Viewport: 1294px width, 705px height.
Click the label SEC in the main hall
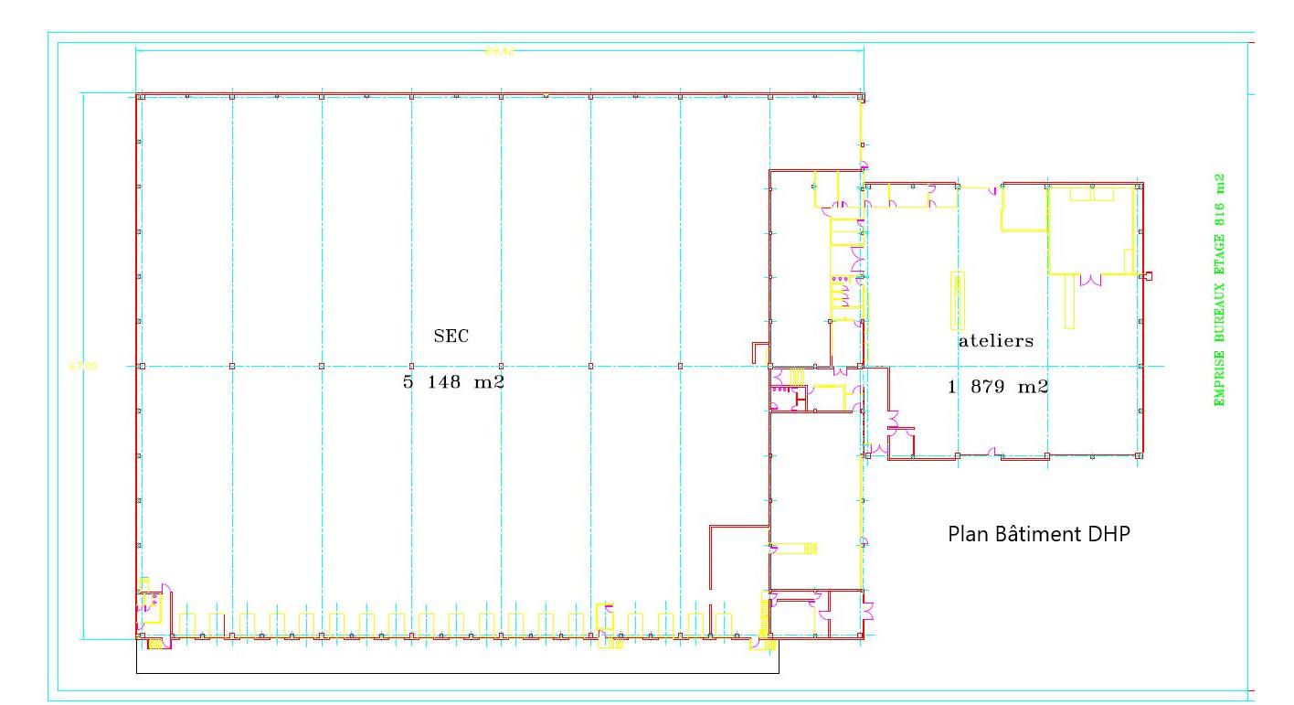[x=451, y=336]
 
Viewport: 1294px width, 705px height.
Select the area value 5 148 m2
[x=453, y=383]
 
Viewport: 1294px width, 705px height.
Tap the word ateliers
[x=996, y=341]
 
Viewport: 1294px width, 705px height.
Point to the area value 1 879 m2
[x=998, y=387]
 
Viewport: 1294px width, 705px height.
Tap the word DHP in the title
[x=1108, y=534]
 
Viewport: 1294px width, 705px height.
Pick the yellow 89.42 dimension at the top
[x=499, y=51]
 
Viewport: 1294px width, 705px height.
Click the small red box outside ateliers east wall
[x=1149, y=276]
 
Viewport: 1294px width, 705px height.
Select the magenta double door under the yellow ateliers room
[x=1091, y=280]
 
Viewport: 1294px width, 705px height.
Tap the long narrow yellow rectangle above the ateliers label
[x=958, y=300]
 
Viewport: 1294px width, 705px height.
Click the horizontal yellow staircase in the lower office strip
[x=794, y=548]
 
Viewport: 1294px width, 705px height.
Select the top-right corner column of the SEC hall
[x=861, y=96]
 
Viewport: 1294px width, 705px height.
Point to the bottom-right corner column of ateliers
[x=1140, y=454]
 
